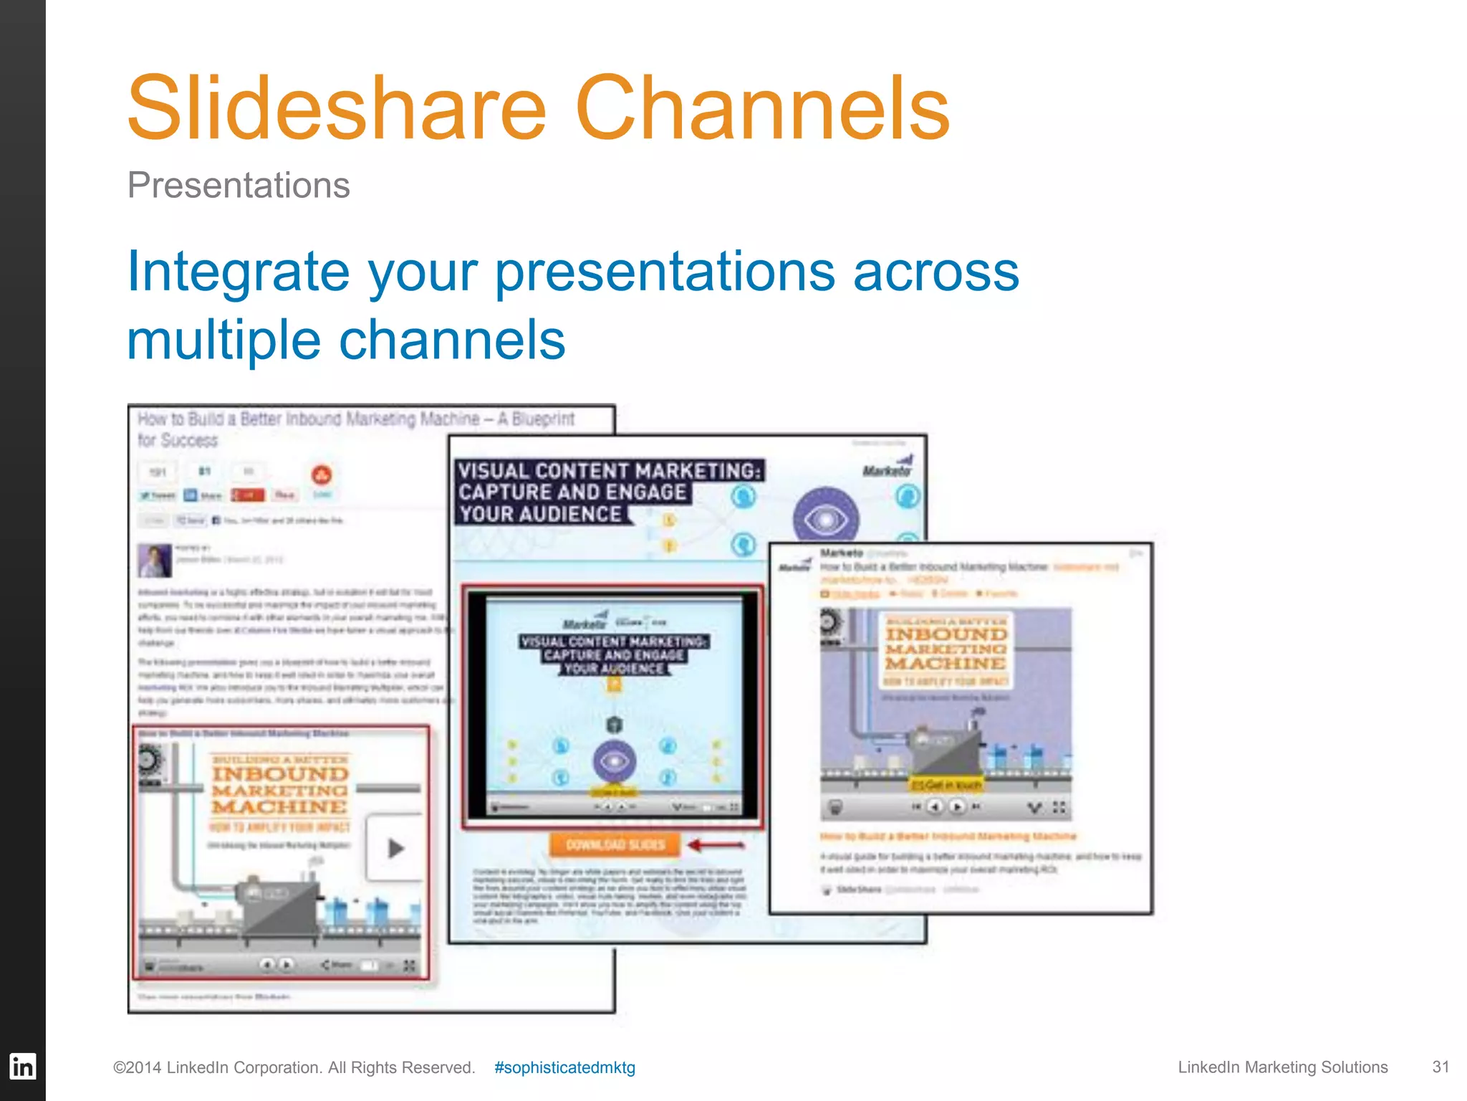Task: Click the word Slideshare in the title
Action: (337, 109)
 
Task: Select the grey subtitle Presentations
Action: (239, 186)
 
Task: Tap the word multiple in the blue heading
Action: (223, 340)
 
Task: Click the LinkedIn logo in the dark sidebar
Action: (22, 1067)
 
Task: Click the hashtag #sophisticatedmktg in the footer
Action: (564, 1067)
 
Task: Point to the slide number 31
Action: (1440, 1067)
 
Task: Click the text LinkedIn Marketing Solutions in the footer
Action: (1282, 1067)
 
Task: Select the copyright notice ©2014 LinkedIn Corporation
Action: (294, 1067)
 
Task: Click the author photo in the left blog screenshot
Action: (154, 560)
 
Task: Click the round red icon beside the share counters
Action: (322, 475)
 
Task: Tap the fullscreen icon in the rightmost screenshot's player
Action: (1059, 807)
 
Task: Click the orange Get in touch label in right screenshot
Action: (946, 785)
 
